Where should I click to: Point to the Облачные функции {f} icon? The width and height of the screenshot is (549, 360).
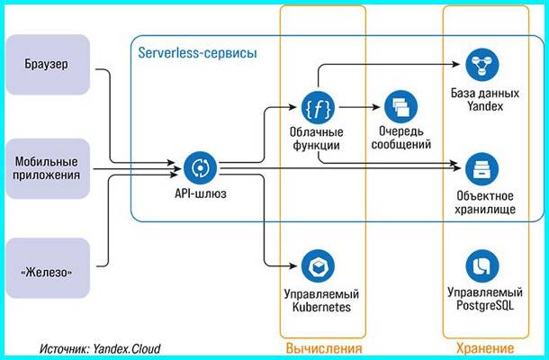coord(316,107)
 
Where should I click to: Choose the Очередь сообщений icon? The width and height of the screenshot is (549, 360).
coord(398,108)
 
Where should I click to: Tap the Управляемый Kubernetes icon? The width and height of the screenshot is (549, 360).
coord(316,267)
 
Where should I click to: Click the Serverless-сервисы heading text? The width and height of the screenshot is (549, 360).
coord(197,53)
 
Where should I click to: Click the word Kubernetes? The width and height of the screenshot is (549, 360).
coord(316,308)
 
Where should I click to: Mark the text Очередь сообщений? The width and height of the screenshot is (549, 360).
coord(398,138)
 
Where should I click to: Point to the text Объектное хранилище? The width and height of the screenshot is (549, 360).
coord(482,202)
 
